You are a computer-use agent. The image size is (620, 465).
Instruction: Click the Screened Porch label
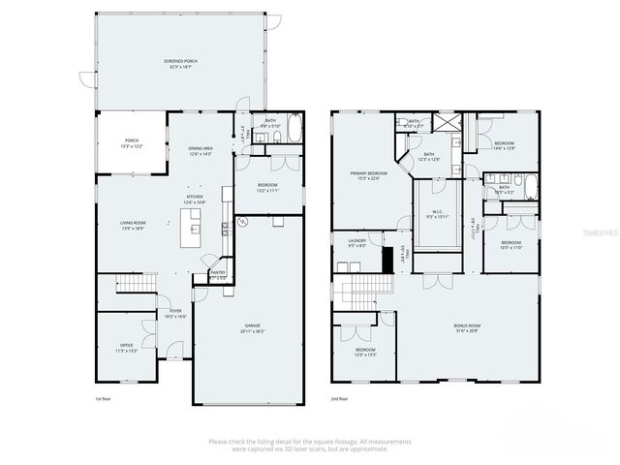(x=180, y=64)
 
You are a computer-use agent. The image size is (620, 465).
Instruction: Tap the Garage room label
(x=254, y=328)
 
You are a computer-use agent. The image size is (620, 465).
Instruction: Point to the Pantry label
(x=218, y=275)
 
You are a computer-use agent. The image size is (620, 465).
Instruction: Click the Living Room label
(x=132, y=225)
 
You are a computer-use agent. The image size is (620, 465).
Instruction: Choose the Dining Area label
(x=201, y=151)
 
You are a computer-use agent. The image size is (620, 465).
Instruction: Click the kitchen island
(x=195, y=230)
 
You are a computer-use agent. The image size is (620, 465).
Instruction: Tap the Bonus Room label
(x=467, y=328)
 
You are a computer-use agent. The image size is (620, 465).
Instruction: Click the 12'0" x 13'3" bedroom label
(x=365, y=352)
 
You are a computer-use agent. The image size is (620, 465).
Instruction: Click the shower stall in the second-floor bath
(x=447, y=124)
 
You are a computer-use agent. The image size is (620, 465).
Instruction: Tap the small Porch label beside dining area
(x=132, y=142)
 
